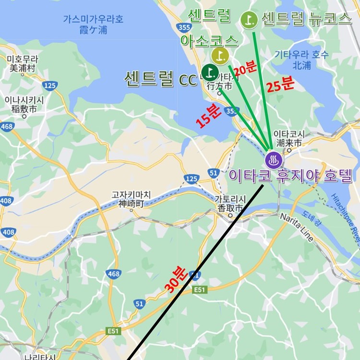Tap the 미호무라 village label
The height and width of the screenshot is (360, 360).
22,63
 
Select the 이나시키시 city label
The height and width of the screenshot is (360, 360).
24,104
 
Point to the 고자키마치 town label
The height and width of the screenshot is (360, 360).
131,199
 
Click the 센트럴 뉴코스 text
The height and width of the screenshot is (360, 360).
306,19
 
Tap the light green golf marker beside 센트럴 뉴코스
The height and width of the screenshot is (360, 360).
249,19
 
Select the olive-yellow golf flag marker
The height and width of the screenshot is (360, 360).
219,56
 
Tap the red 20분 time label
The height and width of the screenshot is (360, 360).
245,68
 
